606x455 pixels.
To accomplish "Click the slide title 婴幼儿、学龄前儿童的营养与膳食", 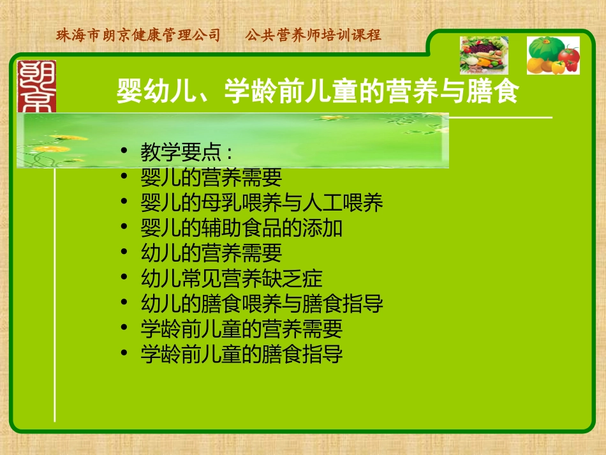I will click(317, 92).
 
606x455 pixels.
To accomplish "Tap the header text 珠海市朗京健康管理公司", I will click(138, 35).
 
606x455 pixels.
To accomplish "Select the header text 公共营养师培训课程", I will click(313, 35).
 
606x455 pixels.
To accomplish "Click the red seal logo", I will click(36, 86).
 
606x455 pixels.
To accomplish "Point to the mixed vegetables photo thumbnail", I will click(484, 56).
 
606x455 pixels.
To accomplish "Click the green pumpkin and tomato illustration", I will click(552, 56).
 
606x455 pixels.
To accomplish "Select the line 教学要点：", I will click(186, 153).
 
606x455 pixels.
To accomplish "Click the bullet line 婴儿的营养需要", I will click(211, 177).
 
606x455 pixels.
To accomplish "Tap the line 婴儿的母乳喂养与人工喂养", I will click(262, 203).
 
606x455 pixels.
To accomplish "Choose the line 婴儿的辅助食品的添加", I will click(242, 228).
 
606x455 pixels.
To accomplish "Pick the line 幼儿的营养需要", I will click(211, 253).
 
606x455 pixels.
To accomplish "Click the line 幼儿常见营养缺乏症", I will click(232, 278).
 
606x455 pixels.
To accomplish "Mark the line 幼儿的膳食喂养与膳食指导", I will click(262, 303).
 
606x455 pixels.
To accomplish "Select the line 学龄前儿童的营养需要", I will click(242, 329).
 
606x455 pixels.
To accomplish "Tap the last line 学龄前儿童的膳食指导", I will click(242, 354).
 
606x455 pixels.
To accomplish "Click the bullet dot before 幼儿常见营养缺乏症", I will click(124, 278).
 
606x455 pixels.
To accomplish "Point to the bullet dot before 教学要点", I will click(124, 153).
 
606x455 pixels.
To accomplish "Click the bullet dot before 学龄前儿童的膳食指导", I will click(124, 354).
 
